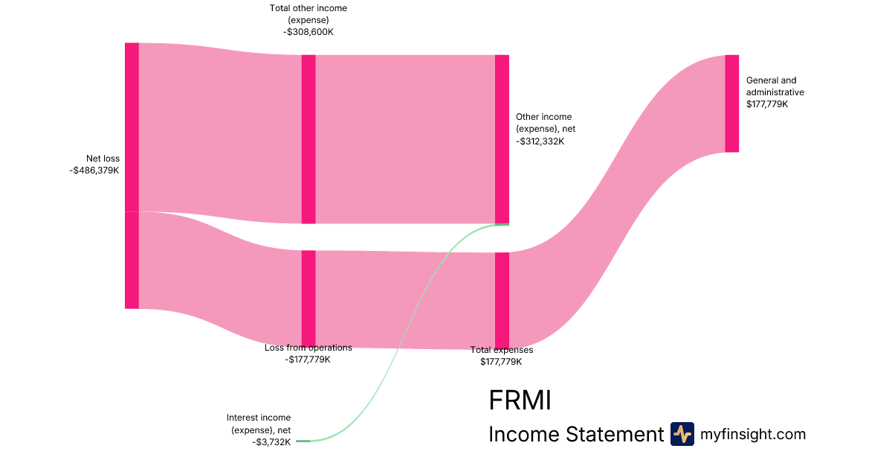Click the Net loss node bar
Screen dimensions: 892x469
(x=132, y=176)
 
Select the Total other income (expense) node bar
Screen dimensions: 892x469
(x=308, y=139)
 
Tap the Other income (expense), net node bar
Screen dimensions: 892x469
(x=502, y=139)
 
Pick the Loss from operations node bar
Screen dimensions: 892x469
(x=308, y=298)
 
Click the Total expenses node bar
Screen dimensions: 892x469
(x=502, y=300)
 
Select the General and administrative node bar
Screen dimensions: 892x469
(x=732, y=103)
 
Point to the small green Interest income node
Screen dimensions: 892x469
(x=303, y=441)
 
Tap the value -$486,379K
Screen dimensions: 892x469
(x=94, y=170)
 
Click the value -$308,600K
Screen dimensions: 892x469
(x=308, y=32)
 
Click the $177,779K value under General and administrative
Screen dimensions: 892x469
(x=767, y=104)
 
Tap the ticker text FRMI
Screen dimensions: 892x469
(x=520, y=401)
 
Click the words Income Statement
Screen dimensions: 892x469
(x=575, y=434)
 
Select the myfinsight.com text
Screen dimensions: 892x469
(x=753, y=434)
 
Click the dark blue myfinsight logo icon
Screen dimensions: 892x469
(x=682, y=434)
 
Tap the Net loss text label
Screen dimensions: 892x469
(x=103, y=159)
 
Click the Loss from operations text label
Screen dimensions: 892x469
(x=308, y=348)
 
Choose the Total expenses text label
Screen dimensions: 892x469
(x=502, y=350)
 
